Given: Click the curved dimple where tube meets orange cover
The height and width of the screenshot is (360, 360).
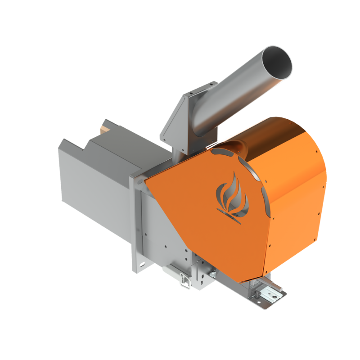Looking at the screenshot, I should (237, 144).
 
